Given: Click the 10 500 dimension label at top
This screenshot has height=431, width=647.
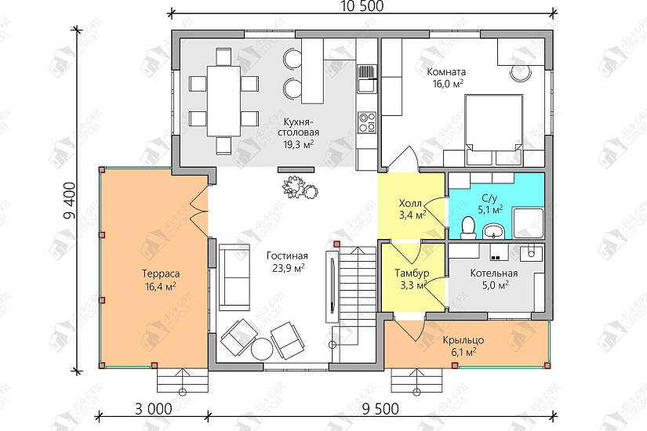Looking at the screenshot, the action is click(x=362, y=6).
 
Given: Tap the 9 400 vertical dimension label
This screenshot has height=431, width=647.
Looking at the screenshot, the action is click(x=69, y=201).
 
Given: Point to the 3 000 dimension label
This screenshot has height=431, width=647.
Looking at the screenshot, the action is click(x=153, y=409).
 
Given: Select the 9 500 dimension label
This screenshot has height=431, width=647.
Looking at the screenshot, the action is click(x=380, y=409).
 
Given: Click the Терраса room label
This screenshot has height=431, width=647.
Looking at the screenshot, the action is click(x=161, y=273).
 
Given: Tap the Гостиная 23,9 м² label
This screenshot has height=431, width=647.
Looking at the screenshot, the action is click(x=287, y=263).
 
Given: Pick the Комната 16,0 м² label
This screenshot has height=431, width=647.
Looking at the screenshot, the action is click(x=446, y=78).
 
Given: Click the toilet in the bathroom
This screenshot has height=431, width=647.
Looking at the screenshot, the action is click(x=468, y=227).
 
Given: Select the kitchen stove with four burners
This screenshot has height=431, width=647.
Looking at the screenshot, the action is click(x=367, y=122).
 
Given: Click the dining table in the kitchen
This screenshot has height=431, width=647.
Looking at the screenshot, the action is click(x=224, y=100).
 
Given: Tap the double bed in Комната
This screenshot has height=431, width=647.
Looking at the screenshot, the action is click(x=493, y=124).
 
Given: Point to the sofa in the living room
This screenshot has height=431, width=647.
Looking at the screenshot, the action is click(x=234, y=277).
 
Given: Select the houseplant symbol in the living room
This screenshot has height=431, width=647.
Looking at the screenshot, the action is click(x=300, y=187).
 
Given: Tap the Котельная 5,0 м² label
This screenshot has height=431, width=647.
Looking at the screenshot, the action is click(x=494, y=279).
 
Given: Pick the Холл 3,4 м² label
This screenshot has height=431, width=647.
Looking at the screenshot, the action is click(x=412, y=208).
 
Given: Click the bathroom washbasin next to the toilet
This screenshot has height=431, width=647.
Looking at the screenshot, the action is click(x=493, y=230).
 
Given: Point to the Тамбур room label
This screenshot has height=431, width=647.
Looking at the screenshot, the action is click(x=412, y=273).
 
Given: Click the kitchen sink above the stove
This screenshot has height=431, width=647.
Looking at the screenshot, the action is click(x=367, y=79).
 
